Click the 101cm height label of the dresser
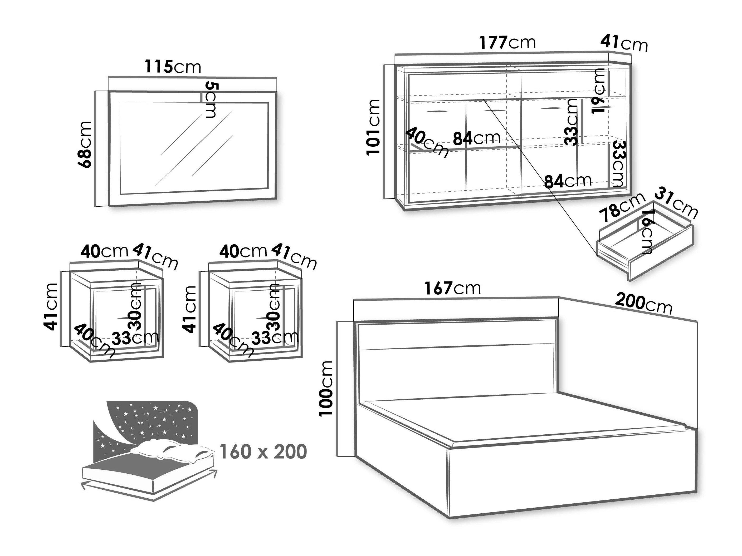[x=373, y=127]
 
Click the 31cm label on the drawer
[x=676, y=202]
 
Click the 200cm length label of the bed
[x=644, y=303]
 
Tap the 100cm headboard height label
[x=326, y=388]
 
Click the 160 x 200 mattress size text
[x=263, y=451]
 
